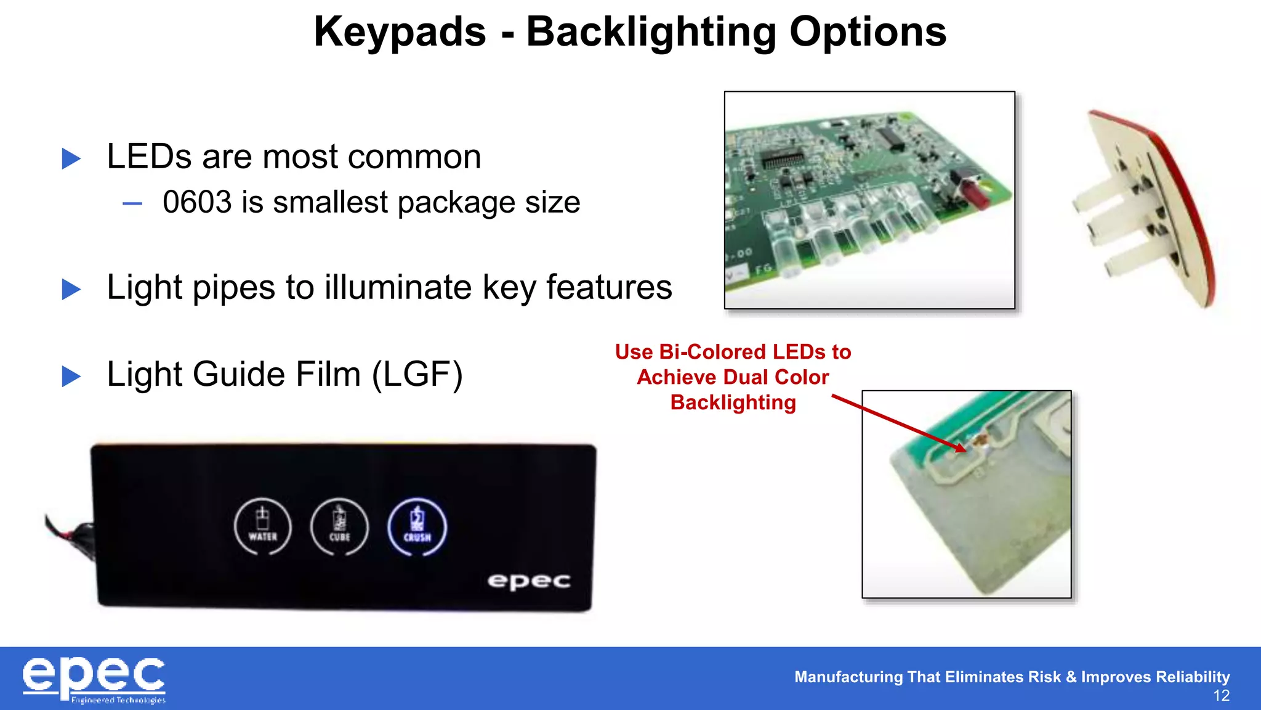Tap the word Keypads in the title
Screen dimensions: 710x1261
(400, 32)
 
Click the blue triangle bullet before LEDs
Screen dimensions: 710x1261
(71, 158)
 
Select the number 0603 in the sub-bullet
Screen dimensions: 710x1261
(197, 202)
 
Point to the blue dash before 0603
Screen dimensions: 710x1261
(132, 203)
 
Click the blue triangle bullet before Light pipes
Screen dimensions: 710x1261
(71, 289)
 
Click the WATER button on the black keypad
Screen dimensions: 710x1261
(263, 527)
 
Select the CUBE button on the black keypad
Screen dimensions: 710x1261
(339, 527)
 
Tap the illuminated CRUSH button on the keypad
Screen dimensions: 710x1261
(417, 527)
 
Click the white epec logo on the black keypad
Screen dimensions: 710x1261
(529, 581)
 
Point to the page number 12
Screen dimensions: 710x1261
(1221, 696)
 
